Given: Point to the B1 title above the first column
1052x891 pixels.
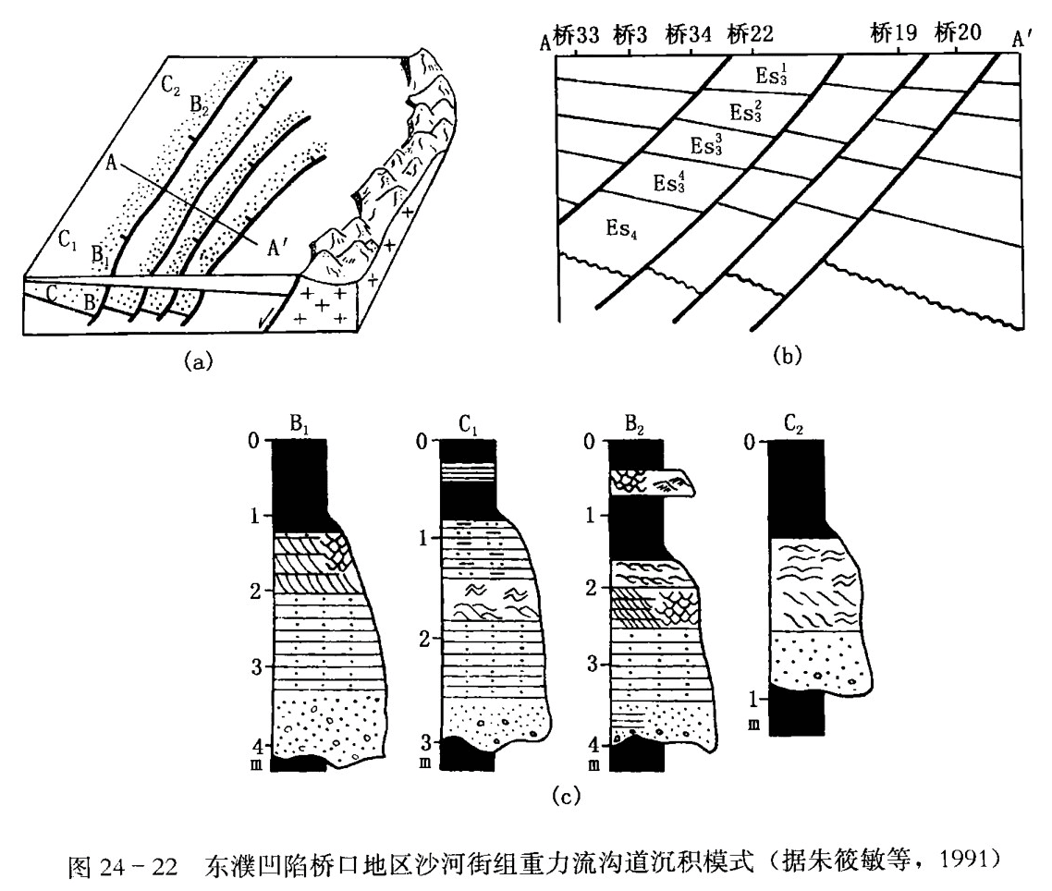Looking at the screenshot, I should pyautogui.click(x=300, y=426).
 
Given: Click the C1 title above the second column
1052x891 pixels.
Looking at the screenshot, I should pyautogui.click(x=466, y=426).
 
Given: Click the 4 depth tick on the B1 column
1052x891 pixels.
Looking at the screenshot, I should pyautogui.click(x=264, y=745).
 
